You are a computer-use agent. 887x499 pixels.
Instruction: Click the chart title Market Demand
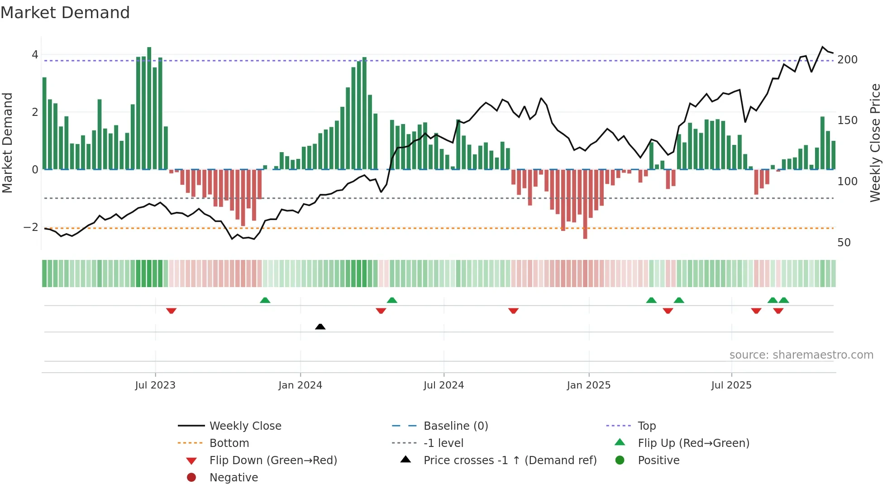pos(65,13)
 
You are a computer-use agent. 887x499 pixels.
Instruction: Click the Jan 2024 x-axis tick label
pos(300,385)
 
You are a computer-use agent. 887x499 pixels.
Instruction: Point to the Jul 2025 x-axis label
pos(731,385)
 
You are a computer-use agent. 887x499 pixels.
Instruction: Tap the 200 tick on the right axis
pos(847,60)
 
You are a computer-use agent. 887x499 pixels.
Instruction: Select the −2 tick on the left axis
pos(31,227)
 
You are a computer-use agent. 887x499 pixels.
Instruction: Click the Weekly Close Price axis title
pos(875,143)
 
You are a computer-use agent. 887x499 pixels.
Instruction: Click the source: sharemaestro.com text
pos(801,355)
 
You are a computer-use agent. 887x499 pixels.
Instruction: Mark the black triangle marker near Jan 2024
pos(320,326)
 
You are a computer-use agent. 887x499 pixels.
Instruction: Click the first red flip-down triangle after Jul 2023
pos(171,311)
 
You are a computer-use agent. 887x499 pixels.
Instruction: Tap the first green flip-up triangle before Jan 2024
pos(265,300)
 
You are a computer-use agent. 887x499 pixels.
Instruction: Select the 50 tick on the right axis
pos(844,243)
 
